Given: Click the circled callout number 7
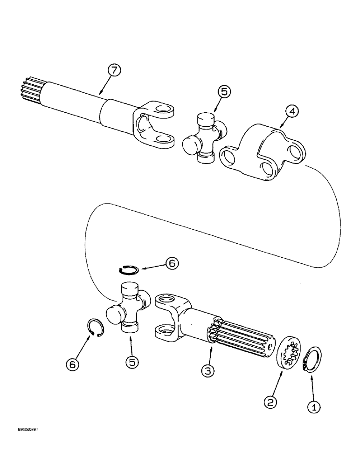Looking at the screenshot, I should coord(114,71).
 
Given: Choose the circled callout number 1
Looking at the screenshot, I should coord(316,407).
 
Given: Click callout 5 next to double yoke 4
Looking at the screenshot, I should coord(224,92).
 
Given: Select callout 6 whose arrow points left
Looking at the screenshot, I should coord(172,264).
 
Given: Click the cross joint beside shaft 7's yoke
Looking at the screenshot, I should coord(204,138).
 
